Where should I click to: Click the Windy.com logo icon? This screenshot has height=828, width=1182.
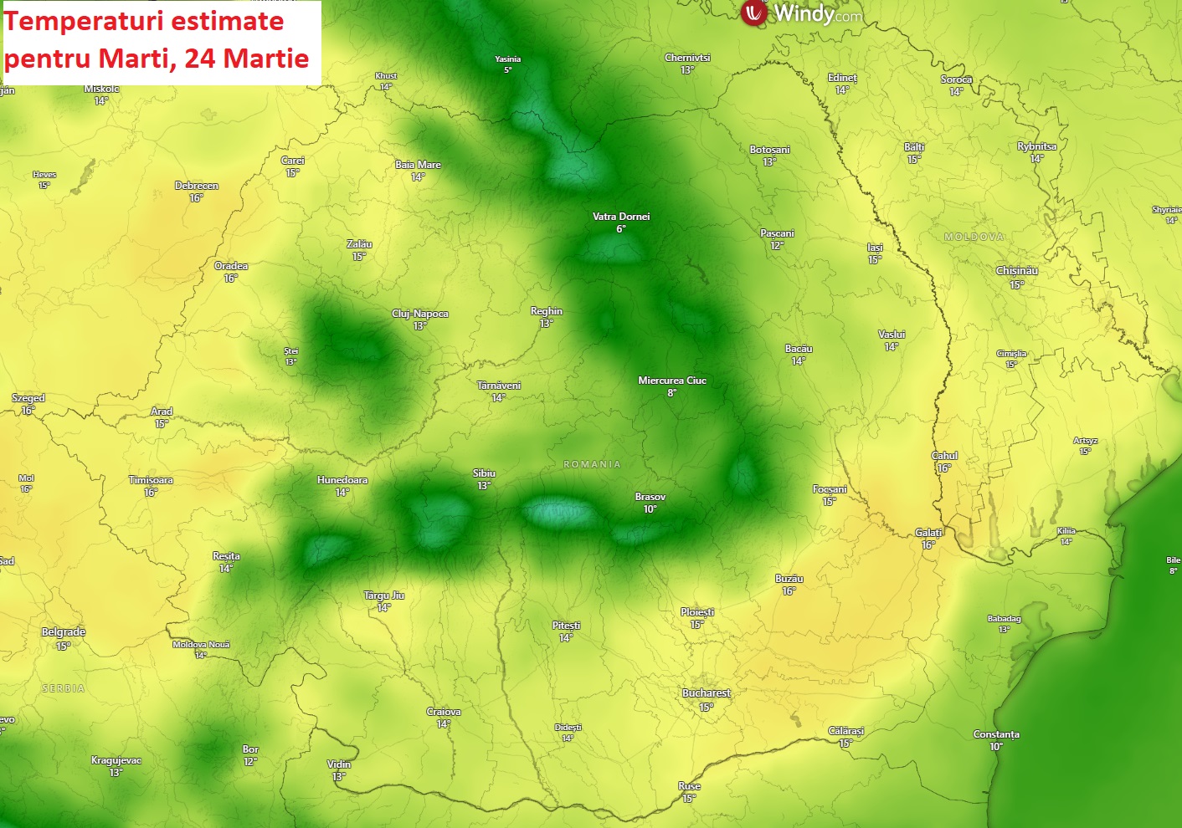tap(754, 13)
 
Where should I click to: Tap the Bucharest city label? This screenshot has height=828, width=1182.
tap(707, 693)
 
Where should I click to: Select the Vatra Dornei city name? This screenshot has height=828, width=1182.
tap(621, 217)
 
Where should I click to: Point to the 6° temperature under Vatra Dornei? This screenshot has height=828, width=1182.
tap(621, 229)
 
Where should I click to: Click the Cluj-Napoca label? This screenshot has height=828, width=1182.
tap(420, 314)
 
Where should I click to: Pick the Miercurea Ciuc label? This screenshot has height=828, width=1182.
tap(672, 381)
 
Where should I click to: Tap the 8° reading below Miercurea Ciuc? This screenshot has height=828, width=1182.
tap(671, 393)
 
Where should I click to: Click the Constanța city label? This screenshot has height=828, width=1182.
tap(996, 734)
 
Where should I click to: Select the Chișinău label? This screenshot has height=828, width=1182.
tap(1017, 271)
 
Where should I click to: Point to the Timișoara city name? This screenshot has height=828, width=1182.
tap(151, 480)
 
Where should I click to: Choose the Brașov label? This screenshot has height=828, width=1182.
tap(650, 497)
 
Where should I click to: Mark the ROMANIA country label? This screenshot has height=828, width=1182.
tap(593, 464)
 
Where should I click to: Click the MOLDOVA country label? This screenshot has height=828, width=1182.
tap(974, 238)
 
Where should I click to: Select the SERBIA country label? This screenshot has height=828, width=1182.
tap(64, 688)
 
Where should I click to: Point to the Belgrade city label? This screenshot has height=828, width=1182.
tap(64, 632)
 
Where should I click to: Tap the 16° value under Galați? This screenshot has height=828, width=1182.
tap(928, 545)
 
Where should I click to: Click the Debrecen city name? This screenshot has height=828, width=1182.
tap(197, 186)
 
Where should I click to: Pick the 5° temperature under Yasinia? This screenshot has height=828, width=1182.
tap(507, 70)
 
